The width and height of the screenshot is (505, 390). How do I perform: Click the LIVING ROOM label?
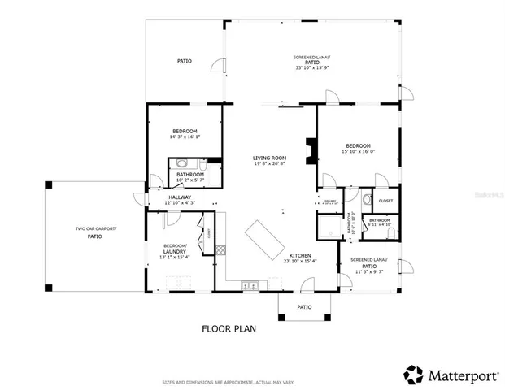click(x=268, y=158)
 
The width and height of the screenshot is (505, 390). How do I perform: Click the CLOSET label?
click(x=385, y=201)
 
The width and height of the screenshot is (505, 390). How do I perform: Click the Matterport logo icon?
click(x=414, y=375)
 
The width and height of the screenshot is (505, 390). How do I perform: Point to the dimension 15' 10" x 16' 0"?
click(x=358, y=151)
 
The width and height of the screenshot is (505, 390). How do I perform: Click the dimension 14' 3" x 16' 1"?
click(x=185, y=136)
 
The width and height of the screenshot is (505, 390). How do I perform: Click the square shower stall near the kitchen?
click(x=329, y=226)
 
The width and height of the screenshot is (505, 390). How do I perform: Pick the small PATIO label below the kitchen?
click(x=304, y=307)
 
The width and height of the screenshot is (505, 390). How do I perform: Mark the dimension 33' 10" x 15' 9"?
click(x=312, y=67)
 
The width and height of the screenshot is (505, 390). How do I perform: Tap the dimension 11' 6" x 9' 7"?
click(x=368, y=272)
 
